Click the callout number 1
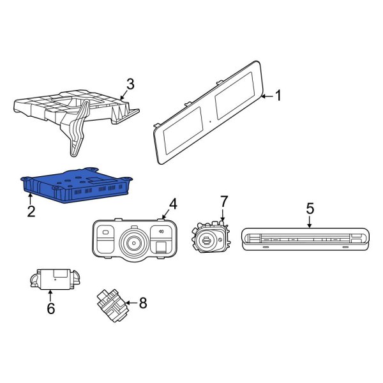click(x=278, y=95)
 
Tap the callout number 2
click(x=31, y=211)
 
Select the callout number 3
click(x=130, y=84)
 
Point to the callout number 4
click(x=173, y=204)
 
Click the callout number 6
click(x=51, y=308)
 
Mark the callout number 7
click(x=224, y=201)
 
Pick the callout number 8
click(x=143, y=303)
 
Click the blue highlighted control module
click(x=76, y=185)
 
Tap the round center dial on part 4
click(x=134, y=243)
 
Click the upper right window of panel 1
click(x=235, y=96)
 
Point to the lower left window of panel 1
click(x=183, y=130)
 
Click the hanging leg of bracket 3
click(x=78, y=128)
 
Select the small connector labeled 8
click(x=113, y=305)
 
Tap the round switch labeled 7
click(x=211, y=237)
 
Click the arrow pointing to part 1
click(x=267, y=96)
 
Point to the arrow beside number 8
click(x=132, y=303)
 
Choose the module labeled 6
click(x=55, y=279)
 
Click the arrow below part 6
click(x=50, y=295)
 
